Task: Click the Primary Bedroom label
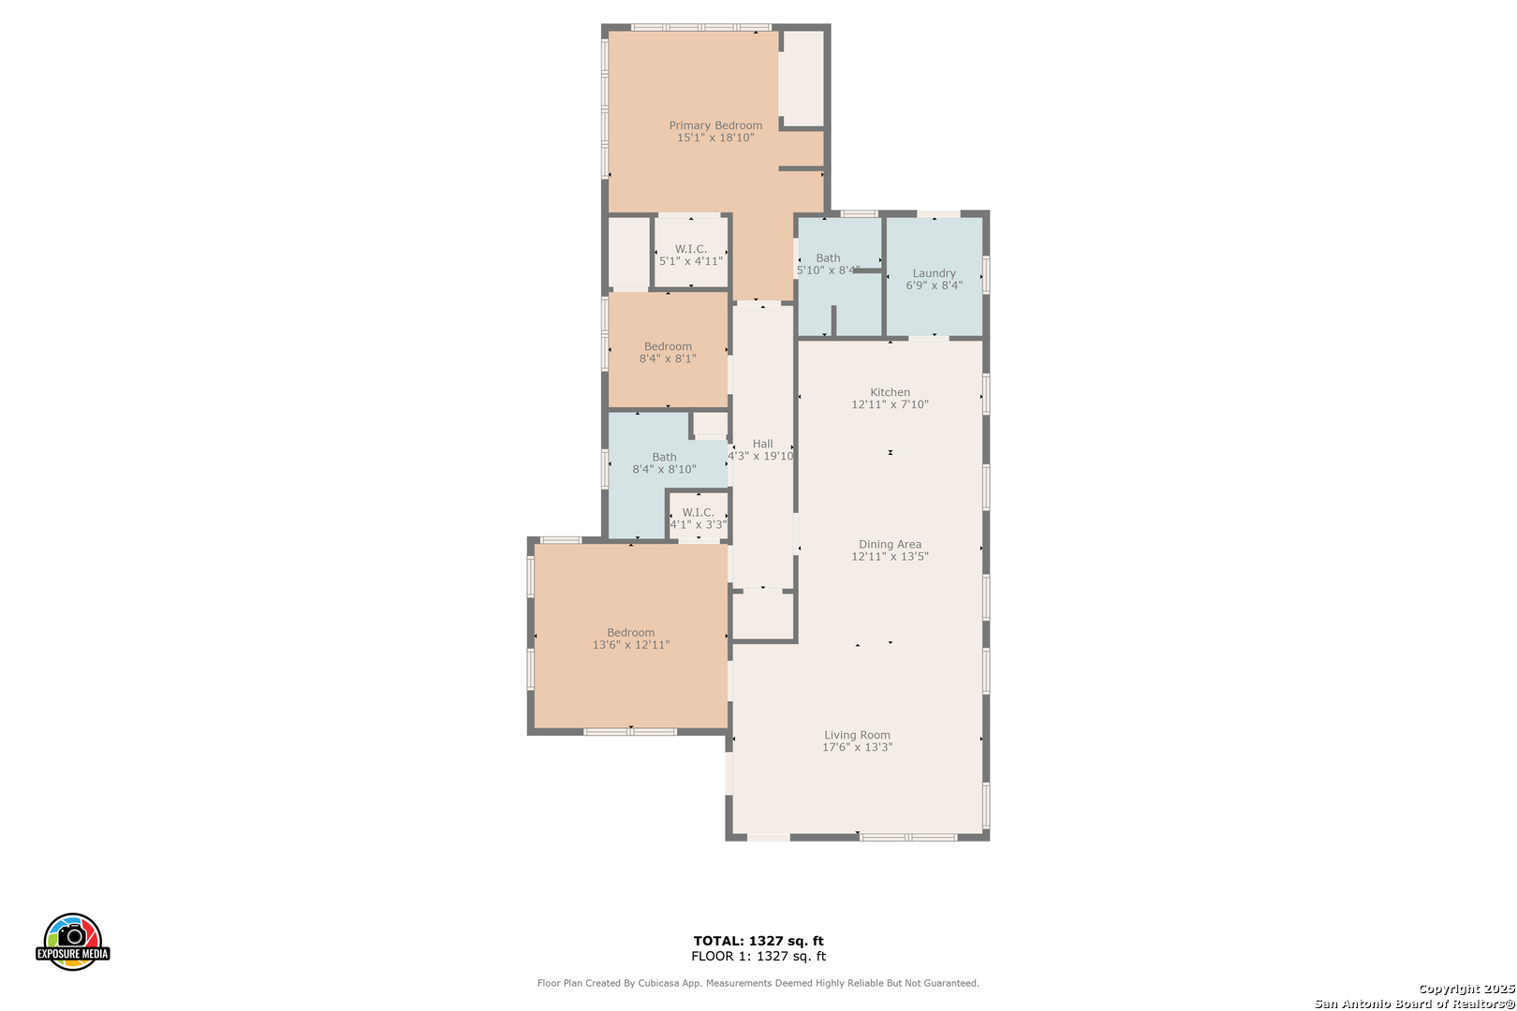pyautogui.click(x=715, y=125)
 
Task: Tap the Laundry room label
pyautogui.click(x=934, y=273)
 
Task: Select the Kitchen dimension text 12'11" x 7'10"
pyautogui.click(x=890, y=404)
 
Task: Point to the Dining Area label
pyautogui.click(x=890, y=545)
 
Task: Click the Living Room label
pyautogui.click(x=858, y=735)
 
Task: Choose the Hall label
pyautogui.click(x=762, y=444)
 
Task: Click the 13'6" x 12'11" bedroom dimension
pyautogui.click(x=631, y=645)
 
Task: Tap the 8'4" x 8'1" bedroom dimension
pyautogui.click(x=668, y=359)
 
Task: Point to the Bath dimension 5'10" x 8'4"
pyautogui.click(x=828, y=271)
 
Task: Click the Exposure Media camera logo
pyautogui.click(x=72, y=941)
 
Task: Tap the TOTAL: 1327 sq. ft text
pyautogui.click(x=758, y=941)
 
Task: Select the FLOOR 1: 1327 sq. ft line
pyautogui.click(x=758, y=956)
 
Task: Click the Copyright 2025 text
pyautogui.click(x=1466, y=989)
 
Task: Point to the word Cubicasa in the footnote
pyautogui.click(x=659, y=983)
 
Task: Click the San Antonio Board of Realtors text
pyautogui.click(x=1415, y=1004)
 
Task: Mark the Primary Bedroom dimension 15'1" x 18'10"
pyautogui.click(x=715, y=138)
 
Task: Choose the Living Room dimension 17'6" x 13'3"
pyautogui.click(x=858, y=747)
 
